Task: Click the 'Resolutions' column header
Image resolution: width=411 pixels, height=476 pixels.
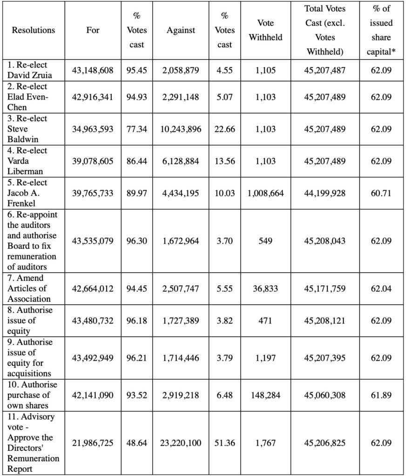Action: point(34,30)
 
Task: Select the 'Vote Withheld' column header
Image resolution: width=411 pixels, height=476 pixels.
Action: point(265,30)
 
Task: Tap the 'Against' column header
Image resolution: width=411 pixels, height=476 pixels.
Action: point(181,30)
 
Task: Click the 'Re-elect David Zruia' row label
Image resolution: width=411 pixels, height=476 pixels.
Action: point(29,70)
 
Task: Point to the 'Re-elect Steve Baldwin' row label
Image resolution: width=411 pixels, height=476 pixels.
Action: point(27,129)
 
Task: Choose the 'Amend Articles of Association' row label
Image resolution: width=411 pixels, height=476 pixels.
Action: point(29,288)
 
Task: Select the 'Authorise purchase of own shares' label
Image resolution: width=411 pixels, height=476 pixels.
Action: point(32,395)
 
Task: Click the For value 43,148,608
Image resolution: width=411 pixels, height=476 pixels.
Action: point(93,70)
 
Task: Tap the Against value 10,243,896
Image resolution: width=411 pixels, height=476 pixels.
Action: point(181,129)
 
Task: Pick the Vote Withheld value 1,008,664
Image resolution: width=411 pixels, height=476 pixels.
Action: point(265,193)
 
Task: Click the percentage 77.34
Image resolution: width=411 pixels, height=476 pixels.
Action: point(136,129)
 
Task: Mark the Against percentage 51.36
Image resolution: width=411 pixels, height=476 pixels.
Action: point(225,443)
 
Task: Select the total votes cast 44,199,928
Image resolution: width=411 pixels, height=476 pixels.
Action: point(325,193)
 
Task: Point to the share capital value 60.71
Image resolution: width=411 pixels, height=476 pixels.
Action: point(381,193)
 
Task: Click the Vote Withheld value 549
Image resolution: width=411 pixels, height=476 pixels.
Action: point(265,241)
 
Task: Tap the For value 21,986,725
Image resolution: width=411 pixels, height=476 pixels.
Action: point(93,443)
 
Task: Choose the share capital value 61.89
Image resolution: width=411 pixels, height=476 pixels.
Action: point(381,395)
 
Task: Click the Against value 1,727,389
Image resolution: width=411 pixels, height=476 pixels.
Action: point(181,321)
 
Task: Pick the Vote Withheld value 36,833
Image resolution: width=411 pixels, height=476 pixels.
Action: point(265,288)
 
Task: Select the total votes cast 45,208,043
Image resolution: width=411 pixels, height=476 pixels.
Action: point(325,241)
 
